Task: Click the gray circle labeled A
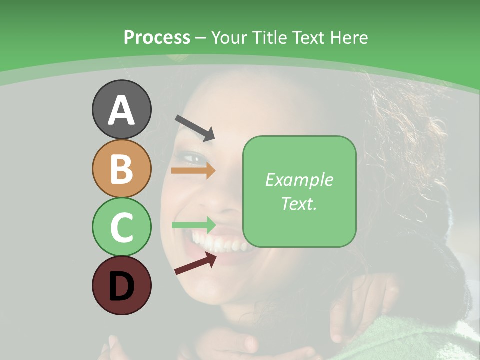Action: point(121,109)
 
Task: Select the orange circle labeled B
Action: point(121,168)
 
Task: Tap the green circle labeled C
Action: point(121,227)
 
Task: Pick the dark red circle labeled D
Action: point(121,285)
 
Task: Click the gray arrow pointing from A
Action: point(194,127)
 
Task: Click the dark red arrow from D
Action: point(195,263)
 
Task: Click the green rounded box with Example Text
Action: point(299,192)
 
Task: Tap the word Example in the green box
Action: point(299,180)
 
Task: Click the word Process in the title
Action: point(157,37)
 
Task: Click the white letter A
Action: point(121,110)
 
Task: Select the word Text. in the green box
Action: point(299,204)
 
